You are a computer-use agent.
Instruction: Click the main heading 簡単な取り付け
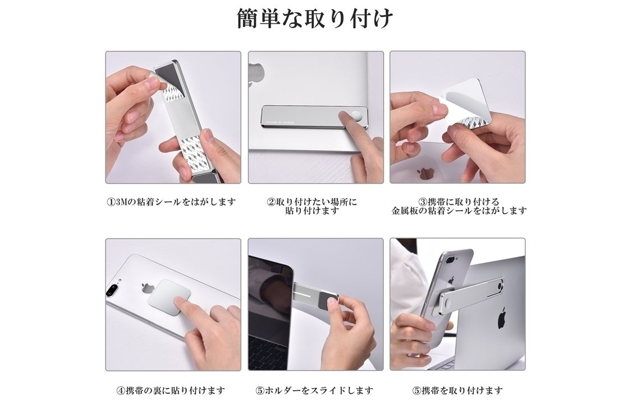(315, 19)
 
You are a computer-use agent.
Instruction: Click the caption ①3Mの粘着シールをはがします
(171, 202)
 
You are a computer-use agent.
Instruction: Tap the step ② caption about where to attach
(312, 206)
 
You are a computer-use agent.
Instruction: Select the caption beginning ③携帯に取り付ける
(459, 206)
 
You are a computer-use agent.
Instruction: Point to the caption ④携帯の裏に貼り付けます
(171, 391)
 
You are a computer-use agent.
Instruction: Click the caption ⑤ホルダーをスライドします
(314, 391)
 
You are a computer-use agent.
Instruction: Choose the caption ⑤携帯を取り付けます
(458, 391)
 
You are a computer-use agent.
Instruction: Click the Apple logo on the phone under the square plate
(148, 289)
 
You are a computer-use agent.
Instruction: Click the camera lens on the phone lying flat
(113, 290)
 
